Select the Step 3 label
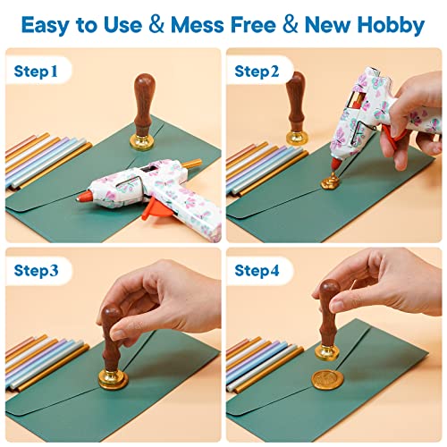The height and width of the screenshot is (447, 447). pyautogui.click(x=37, y=269)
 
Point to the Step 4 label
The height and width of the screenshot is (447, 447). pyautogui.click(x=257, y=269)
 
